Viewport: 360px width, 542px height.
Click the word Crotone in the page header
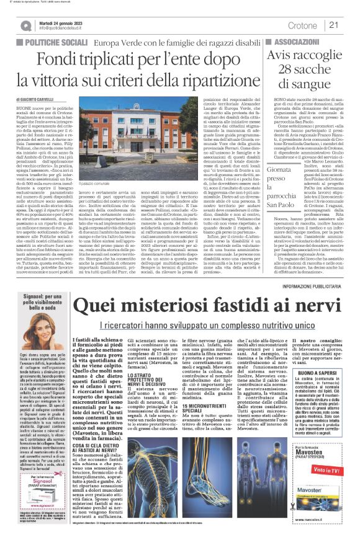coord(302,25)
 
